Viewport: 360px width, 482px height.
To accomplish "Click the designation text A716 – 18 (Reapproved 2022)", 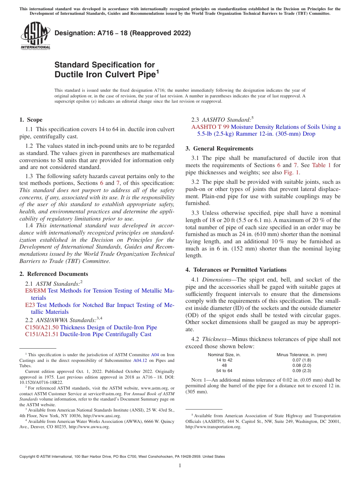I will pos(122,33).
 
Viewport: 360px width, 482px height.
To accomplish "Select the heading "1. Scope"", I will pos(31,120).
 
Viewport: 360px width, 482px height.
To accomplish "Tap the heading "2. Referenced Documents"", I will pos(53,274).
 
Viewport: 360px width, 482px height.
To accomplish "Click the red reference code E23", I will pos(30,305).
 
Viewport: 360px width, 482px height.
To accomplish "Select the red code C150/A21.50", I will pos(42,327).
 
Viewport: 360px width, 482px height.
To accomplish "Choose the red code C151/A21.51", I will pos(42,334).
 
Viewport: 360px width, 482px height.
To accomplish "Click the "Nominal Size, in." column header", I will pos(224,355).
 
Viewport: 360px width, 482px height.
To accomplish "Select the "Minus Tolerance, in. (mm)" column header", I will pos(302,355).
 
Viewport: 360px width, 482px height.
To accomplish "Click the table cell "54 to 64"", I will pos(224,371).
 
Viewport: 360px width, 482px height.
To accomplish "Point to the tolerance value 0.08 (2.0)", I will pos(302,365).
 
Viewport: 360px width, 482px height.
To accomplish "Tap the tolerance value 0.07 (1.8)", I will pos(302,360).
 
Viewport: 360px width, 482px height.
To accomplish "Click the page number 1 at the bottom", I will pos(180,466).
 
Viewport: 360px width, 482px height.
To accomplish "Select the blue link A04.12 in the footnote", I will pos(141,360).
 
